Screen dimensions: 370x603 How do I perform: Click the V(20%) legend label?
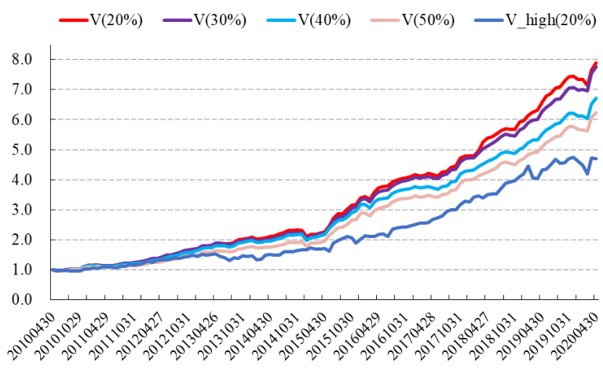[x=119, y=19]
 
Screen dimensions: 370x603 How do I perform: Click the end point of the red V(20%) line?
[x=597, y=63]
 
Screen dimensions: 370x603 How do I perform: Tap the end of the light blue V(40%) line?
[x=597, y=98]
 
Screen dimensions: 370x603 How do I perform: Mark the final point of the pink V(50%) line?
[x=597, y=112]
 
